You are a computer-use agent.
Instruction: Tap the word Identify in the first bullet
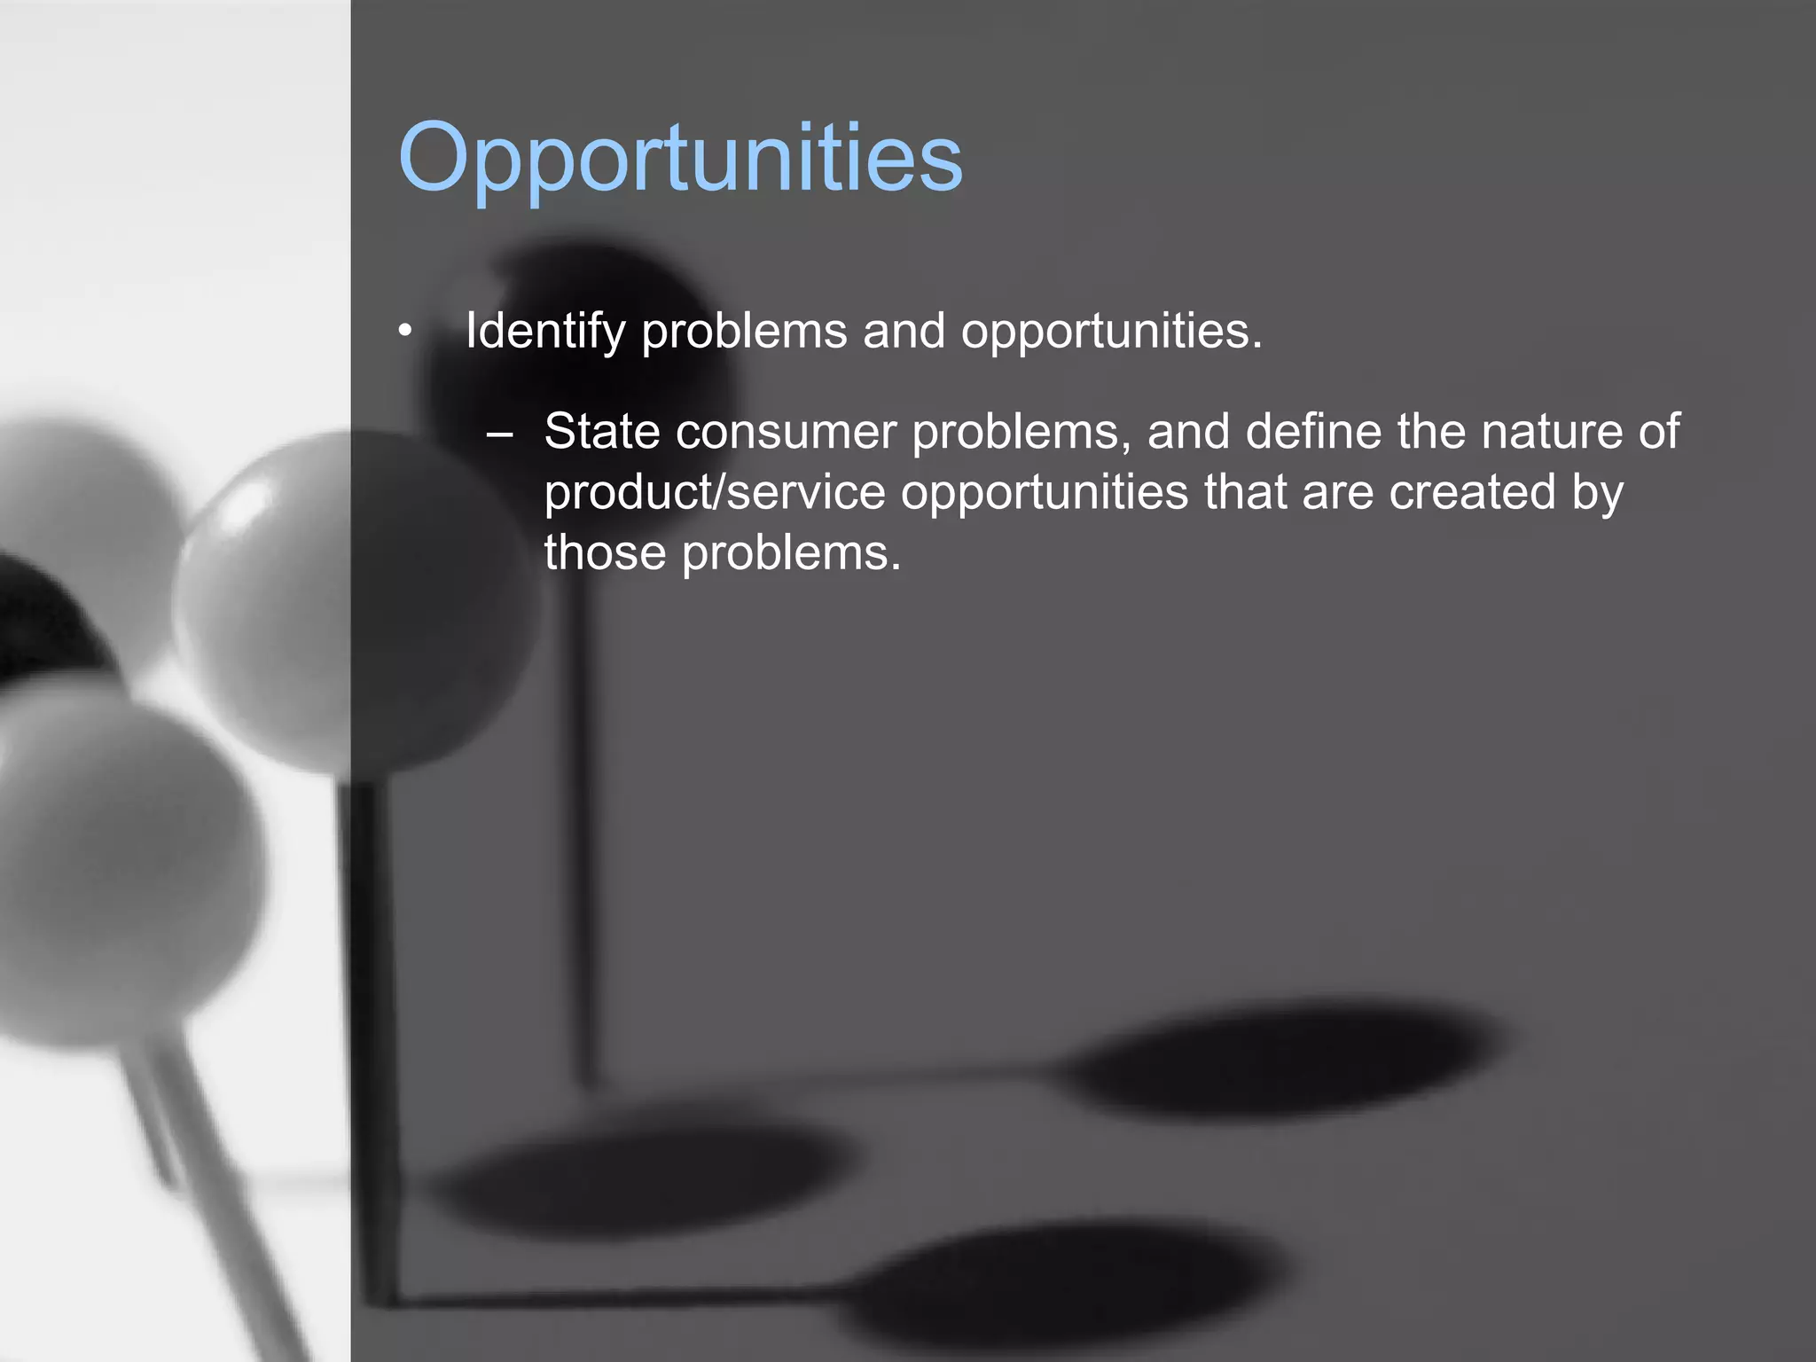(x=545, y=332)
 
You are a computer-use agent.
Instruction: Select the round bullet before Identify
(x=405, y=333)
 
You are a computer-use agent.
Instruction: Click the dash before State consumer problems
(x=499, y=434)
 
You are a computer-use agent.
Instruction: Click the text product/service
(x=715, y=492)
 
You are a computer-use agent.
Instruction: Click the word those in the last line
(x=605, y=553)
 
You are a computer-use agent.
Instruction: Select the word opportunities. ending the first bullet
(x=1111, y=332)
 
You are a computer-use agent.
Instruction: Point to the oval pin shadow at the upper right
(x=1286, y=1060)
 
